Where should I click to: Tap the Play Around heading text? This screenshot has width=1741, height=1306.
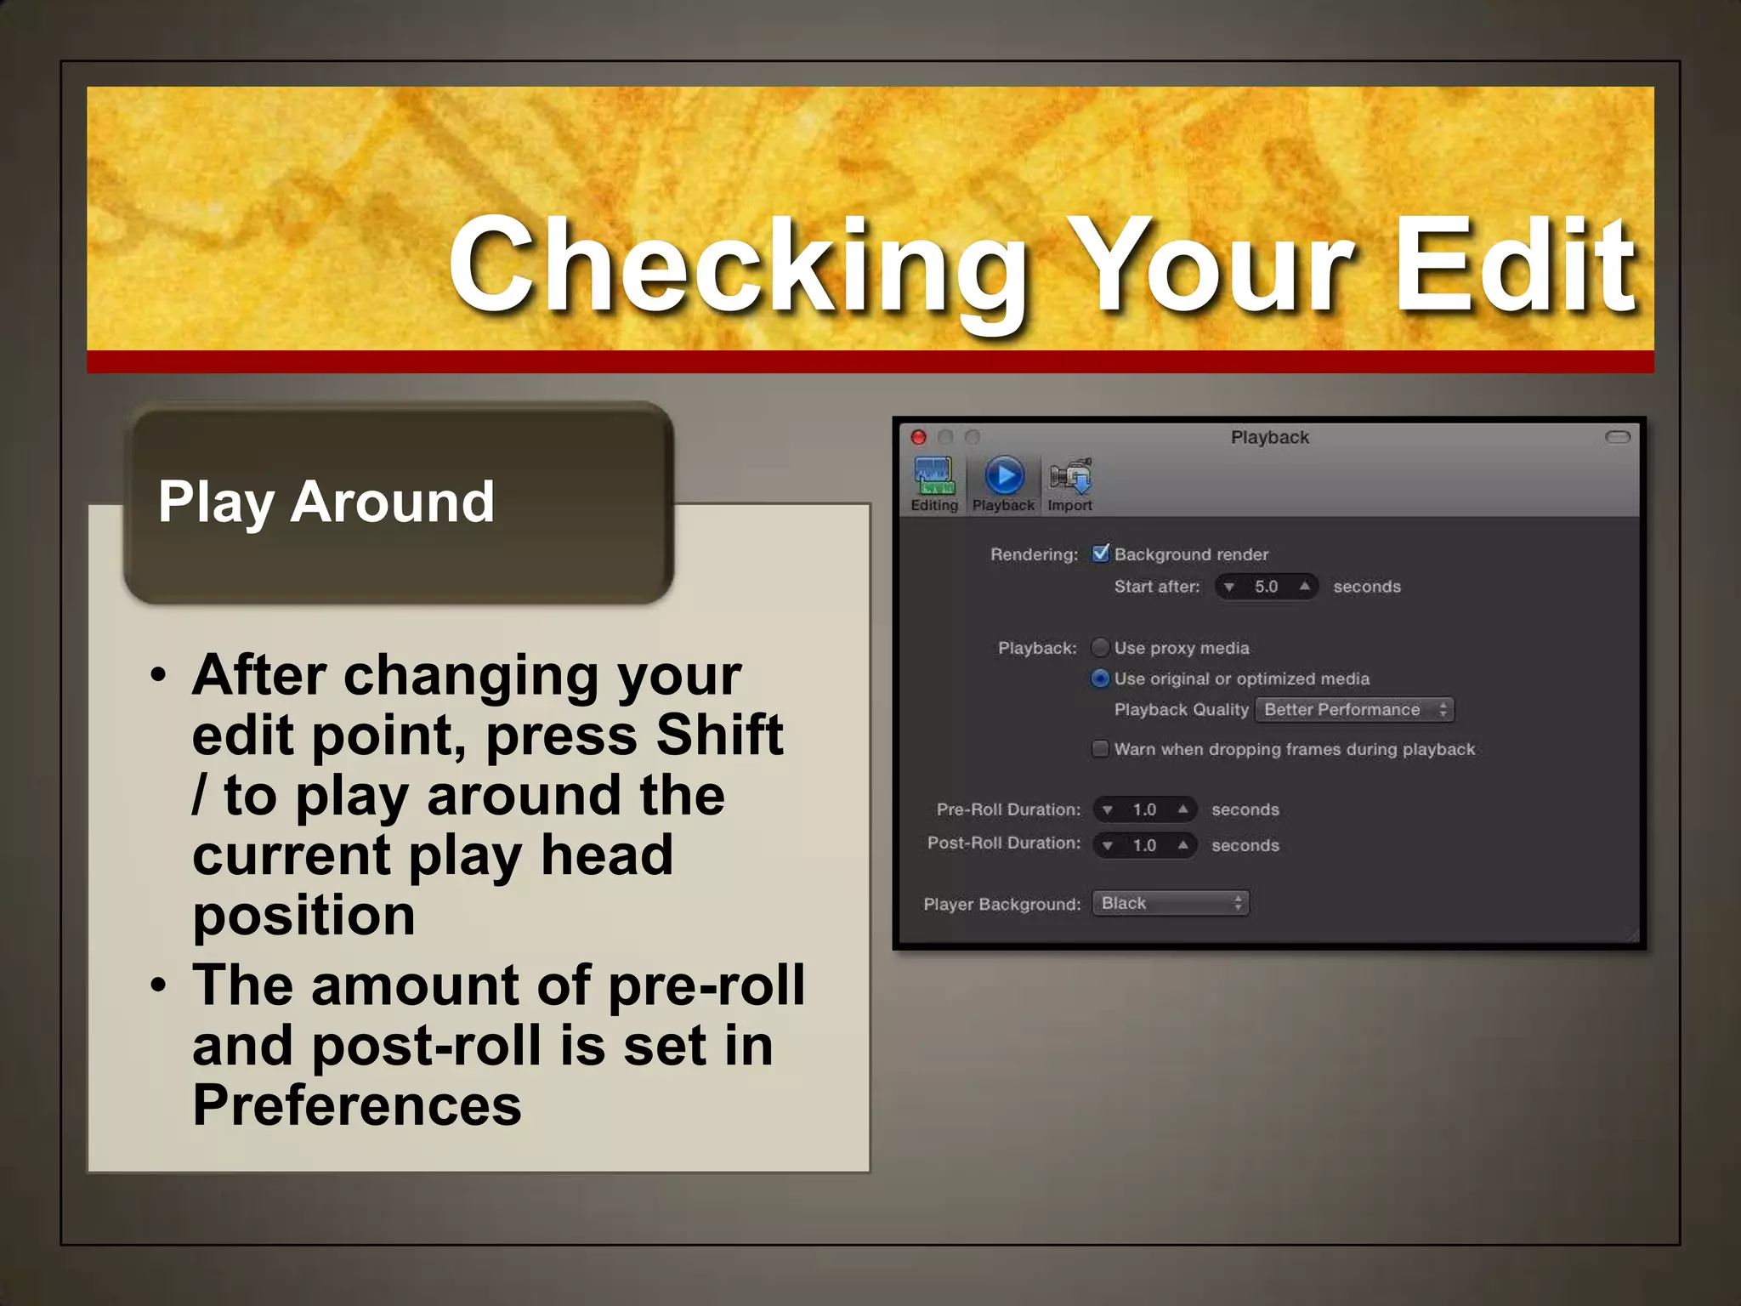coord(326,501)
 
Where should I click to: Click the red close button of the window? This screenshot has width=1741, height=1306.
coord(919,437)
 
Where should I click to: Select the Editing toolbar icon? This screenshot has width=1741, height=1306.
coord(934,477)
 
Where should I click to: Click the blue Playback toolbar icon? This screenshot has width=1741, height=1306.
coord(1004,476)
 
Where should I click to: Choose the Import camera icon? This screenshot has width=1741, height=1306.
coord(1070,476)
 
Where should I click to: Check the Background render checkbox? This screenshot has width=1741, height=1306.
coord(1101,554)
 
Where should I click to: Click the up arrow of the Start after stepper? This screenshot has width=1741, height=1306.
coord(1304,586)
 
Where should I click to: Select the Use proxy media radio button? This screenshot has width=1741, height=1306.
coord(1100,648)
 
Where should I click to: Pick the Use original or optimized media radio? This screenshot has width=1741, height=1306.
coord(1100,679)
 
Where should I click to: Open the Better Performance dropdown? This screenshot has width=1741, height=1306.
coord(1355,710)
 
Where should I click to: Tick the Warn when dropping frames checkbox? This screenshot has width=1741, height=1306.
coord(1100,749)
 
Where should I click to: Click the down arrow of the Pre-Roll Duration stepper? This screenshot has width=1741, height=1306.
coord(1108,810)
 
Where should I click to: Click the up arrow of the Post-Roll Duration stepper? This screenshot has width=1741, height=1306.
coord(1182,845)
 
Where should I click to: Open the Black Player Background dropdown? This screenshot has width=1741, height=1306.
coord(1171,903)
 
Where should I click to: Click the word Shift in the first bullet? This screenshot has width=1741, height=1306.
coord(719,735)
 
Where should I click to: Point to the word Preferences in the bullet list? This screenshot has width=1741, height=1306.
coord(357,1105)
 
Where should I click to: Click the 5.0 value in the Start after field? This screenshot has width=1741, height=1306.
coord(1266,587)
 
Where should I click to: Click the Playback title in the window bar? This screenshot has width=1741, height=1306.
coord(1269,437)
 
